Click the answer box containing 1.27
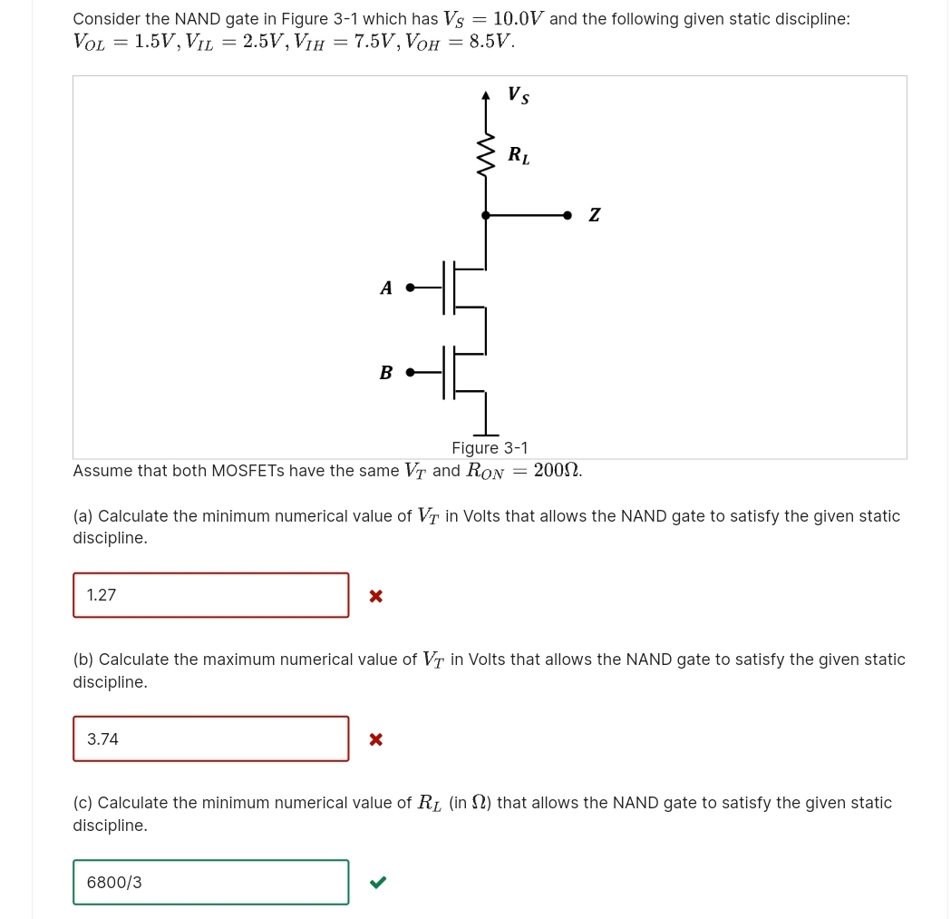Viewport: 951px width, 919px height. click(x=210, y=595)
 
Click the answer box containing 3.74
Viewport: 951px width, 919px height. click(x=210, y=738)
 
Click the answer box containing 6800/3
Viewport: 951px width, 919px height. click(x=210, y=882)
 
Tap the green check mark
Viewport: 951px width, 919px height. click(x=378, y=882)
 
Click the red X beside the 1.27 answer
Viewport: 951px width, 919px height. click(x=376, y=596)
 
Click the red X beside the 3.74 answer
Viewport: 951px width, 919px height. click(x=376, y=739)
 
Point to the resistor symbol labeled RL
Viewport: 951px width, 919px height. click(x=486, y=155)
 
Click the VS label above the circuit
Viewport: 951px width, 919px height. click(x=519, y=94)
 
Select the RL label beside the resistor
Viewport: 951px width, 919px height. click(x=519, y=155)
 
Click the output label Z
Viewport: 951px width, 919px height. click(x=594, y=215)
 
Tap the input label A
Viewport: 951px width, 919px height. click(x=386, y=288)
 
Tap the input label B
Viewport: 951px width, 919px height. click(x=386, y=372)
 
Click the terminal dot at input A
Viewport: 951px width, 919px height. click(x=410, y=288)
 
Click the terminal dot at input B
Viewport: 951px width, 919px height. click(x=410, y=372)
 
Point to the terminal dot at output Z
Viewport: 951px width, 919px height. click(x=568, y=215)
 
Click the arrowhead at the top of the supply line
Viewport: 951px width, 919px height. click(x=486, y=94)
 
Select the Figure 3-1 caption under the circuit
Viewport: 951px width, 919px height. click(x=490, y=447)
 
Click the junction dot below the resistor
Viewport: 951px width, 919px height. click(x=486, y=215)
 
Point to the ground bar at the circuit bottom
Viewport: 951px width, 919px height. click(x=486, y=435)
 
